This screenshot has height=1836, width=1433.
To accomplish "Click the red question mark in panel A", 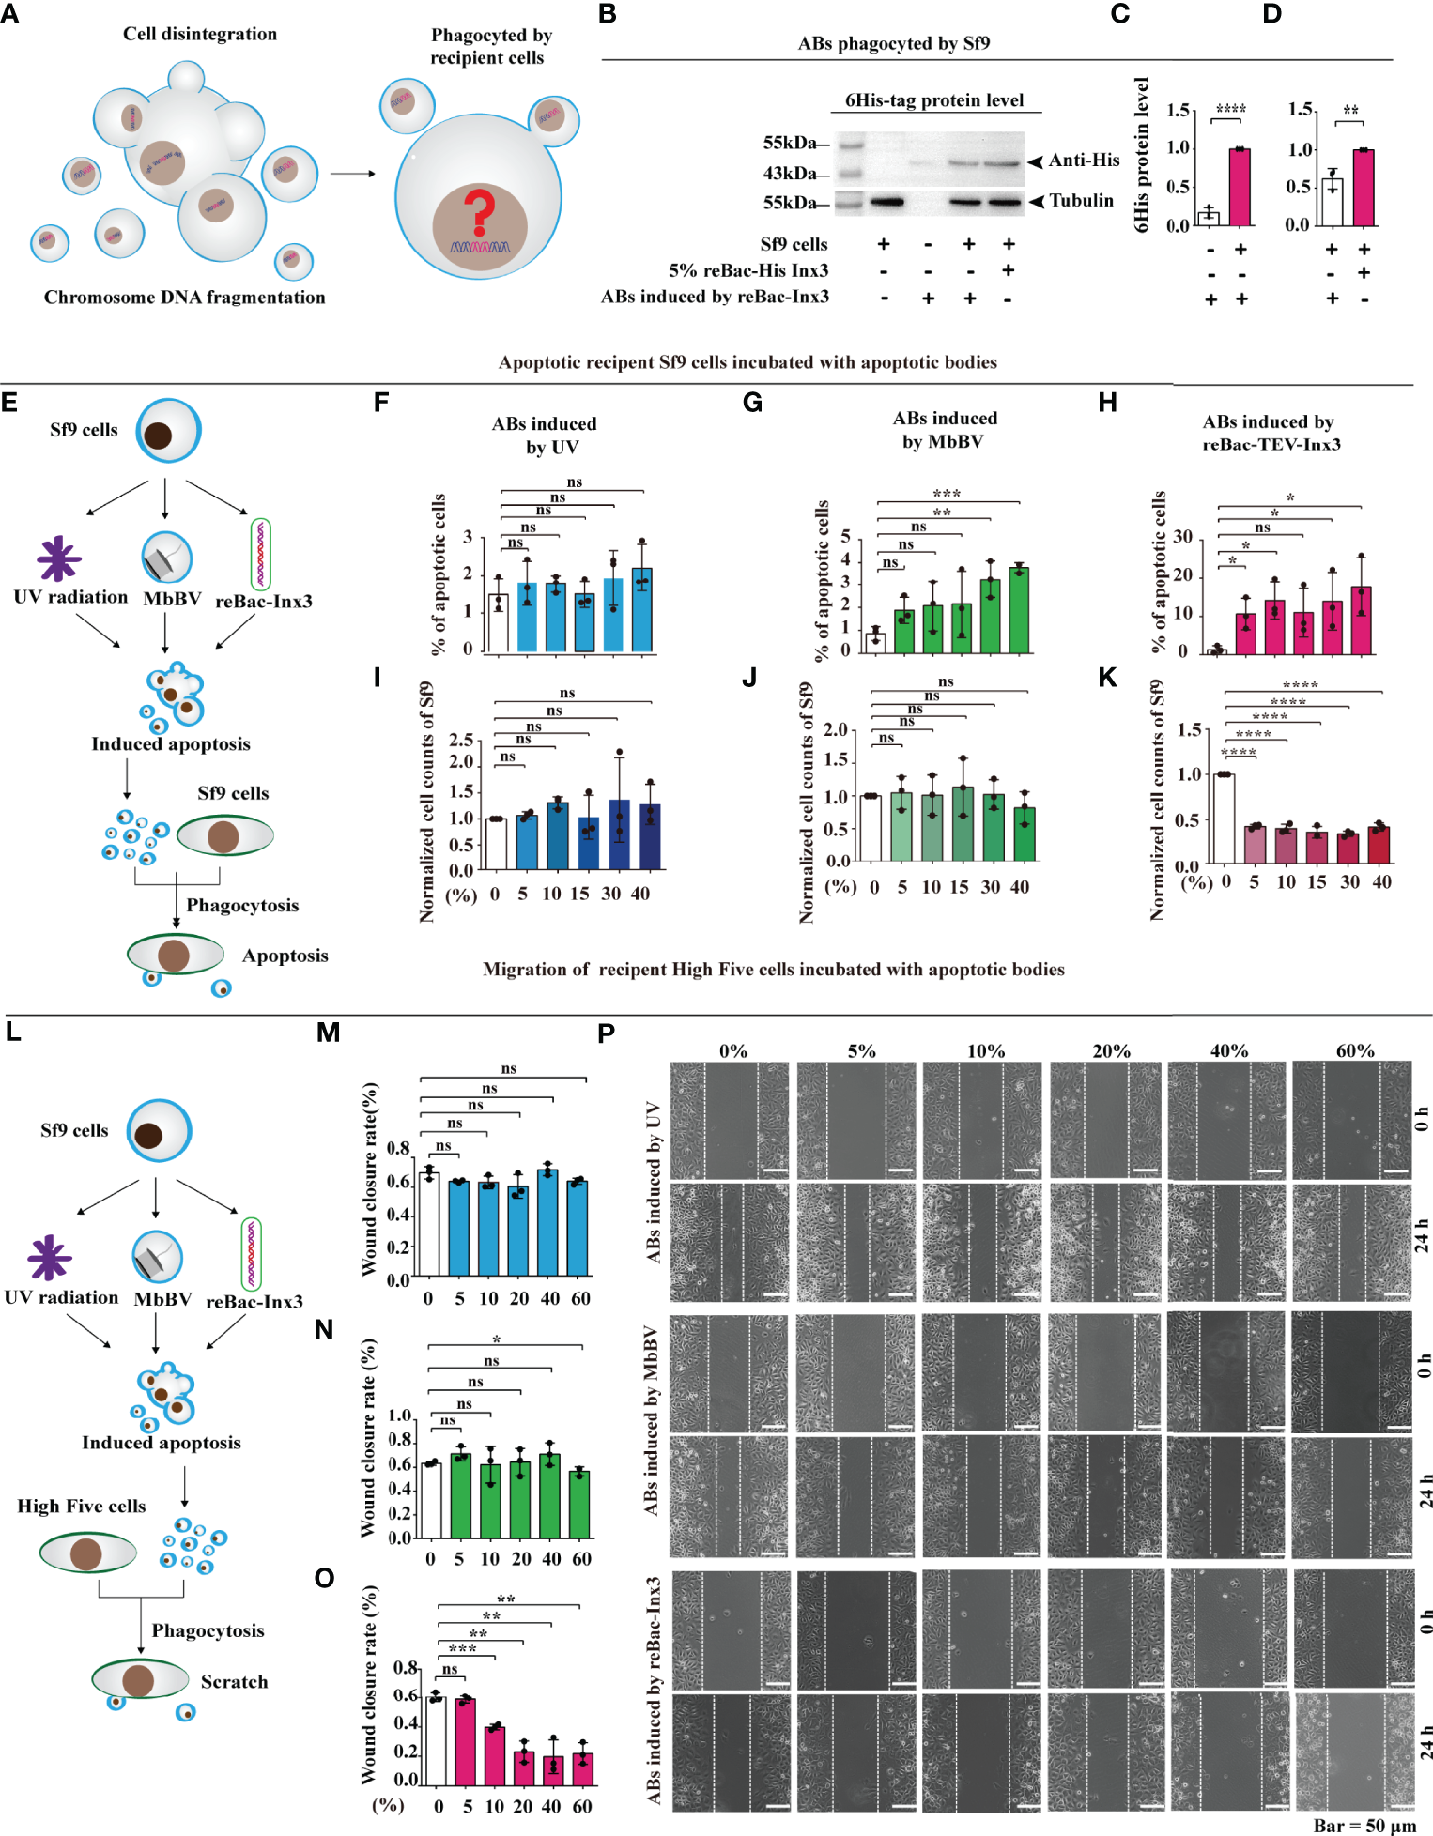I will point(479,212).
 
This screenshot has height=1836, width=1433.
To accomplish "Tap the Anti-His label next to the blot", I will point(1084,161).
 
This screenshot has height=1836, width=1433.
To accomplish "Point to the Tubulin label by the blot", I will point(1081,200).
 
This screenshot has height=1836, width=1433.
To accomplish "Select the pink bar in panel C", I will point(1240,187).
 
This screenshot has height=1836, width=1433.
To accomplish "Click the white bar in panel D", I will point(1332,202).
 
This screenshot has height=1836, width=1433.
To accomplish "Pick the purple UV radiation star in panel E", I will point(58,559).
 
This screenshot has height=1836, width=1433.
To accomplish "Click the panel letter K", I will point(1108,678).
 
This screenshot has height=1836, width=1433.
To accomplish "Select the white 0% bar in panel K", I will point(1224,818).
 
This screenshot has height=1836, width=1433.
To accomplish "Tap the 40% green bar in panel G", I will point(1019,609).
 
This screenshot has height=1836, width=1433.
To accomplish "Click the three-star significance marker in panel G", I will point(947,494).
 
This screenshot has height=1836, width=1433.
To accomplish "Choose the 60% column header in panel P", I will point(1354,1050).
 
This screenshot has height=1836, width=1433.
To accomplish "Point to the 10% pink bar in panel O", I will point(495,1754).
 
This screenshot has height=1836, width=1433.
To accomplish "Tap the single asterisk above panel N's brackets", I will point(496,1339).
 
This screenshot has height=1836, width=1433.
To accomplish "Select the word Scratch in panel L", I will point(234,1681).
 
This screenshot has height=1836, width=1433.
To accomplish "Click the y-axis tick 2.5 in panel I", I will point(460,740).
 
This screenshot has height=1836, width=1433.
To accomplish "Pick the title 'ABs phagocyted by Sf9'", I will point(893,43).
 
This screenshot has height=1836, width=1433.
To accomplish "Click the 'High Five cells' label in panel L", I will point(82,1506).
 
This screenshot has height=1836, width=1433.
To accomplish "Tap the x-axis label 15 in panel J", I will point(959,887).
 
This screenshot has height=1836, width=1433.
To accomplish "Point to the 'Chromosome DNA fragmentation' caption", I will point(185,298).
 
